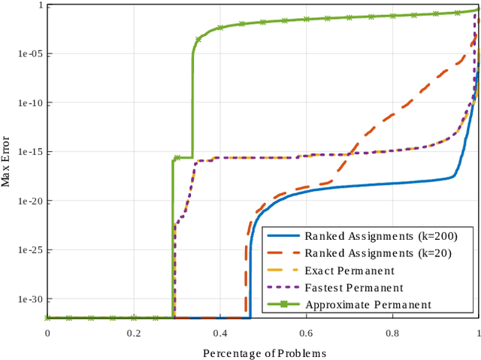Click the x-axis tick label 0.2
pyautogui.click(x=134, y=333)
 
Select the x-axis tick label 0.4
pyautogui.click(x=219, y=333)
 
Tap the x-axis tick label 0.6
pyautogui.click(x=306, y=333)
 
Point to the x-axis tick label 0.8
pyautogui.click(x=392, y=333)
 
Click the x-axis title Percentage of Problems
pyautogui.click(x=263, y=352)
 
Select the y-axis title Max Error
pyautogui.click(x=7, y=162)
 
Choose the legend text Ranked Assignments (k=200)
pyautogui.click(x=381, y=236)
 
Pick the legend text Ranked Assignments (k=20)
pyautogui.click(x=378, y=253)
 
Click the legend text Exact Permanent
pyautogui.click(x=349, y=271)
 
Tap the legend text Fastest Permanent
pyautogui.click(x=353, y=288)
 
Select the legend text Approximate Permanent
pyautogui.click(x=368, y=304)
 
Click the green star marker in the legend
pyautogui.click(x=283, y=304)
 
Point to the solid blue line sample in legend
pyautogui.click(x=283, y=236)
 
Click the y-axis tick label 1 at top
pyautogui.click(x=38, y=5)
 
